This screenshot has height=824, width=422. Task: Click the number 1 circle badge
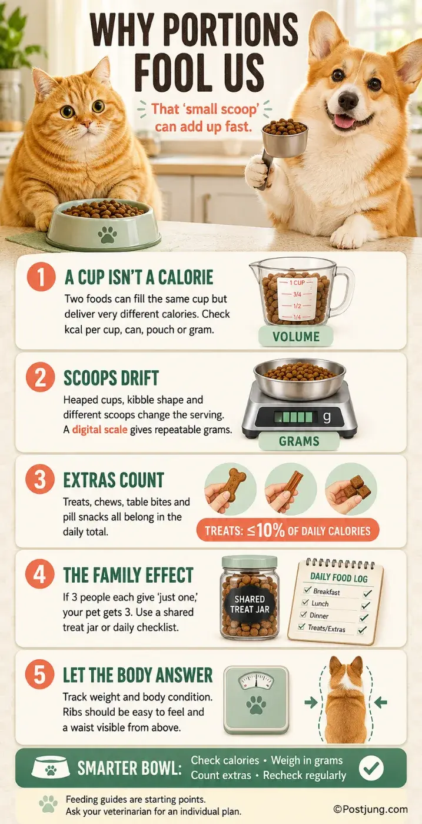pos(41,277)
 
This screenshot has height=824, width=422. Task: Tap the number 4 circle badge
pos(40,574)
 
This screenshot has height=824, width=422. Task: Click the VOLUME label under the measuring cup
pos(296,337)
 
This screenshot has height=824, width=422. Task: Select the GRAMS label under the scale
pos(299,441)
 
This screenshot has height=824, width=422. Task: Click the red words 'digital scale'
pos(99,430)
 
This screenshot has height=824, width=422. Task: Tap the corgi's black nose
pos(348,98)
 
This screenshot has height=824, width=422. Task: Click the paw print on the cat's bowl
pos(108,234)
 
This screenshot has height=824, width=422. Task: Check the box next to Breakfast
pos(307,590)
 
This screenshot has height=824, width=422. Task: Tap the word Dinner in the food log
pos(318,616)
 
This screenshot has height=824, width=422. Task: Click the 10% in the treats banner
pos(271,530)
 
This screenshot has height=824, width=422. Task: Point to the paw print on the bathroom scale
pos(256,705)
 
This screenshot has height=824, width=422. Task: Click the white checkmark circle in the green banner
pos(371,767)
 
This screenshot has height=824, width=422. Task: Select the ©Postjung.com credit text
pos(370,809)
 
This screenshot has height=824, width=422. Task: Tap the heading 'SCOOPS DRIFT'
pos(111,378)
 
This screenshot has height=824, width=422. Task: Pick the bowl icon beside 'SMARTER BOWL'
pos(51,768)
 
